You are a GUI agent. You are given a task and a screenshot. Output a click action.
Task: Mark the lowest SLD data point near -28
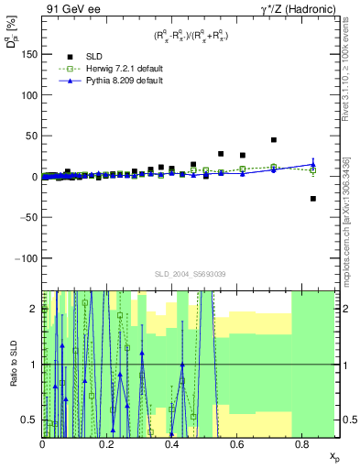pyautogui.click(x=312, y=199)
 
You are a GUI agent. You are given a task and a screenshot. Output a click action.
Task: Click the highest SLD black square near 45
pyautogui.click(x=274, y=140)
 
